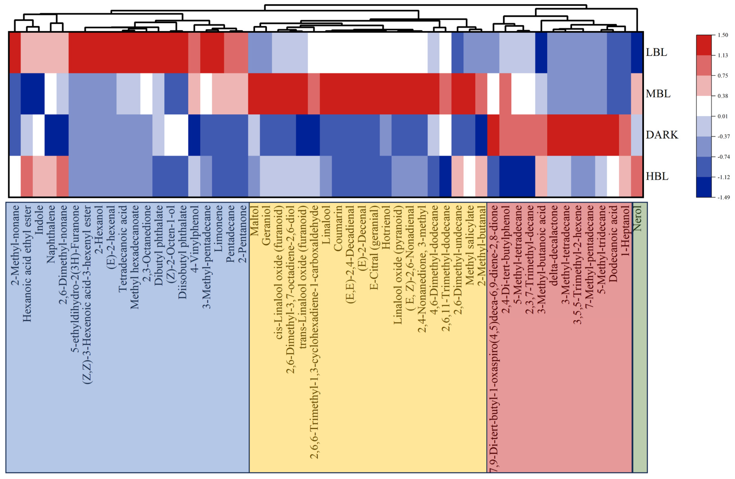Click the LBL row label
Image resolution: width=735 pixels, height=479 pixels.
point(656,52)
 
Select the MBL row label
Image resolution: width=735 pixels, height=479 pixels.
point(658,94)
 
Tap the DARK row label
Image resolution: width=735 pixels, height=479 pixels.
point(662,135)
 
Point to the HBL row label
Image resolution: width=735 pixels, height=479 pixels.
point(657,176)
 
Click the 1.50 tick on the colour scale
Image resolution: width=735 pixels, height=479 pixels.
point(723,35)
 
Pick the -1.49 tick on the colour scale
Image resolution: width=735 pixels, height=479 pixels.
point(723,197)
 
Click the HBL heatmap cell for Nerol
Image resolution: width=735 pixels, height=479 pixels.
point(637,176)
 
